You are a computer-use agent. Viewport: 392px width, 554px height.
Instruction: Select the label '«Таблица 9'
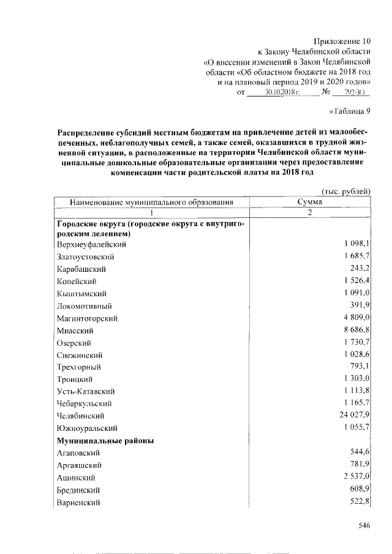tap(350, 111)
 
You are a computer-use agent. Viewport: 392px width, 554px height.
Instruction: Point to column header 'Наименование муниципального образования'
tap(151, 201)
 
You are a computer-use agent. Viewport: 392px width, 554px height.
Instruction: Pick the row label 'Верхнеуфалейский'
tap(91, 244)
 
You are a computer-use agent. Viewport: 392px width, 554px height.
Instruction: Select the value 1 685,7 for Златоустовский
tap(355, 256)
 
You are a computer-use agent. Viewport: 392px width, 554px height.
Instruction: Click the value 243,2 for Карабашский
tap(360, 269)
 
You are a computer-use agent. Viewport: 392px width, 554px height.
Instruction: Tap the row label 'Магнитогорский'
tap(87, 318)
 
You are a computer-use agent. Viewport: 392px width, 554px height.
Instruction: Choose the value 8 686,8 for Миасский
tap(355, 331)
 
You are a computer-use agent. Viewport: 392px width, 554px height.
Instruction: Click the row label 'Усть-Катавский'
tap(86, 391)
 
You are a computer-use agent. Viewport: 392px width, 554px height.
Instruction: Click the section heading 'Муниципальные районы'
tap(105, 440)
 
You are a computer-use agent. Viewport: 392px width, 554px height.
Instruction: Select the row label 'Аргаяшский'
tap(78, 465)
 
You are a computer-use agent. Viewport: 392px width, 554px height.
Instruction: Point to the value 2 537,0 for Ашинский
tap(355, 477)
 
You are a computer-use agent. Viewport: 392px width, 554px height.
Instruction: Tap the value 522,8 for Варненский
tap(360, 502)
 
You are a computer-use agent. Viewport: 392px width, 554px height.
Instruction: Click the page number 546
tap(365, 525)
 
